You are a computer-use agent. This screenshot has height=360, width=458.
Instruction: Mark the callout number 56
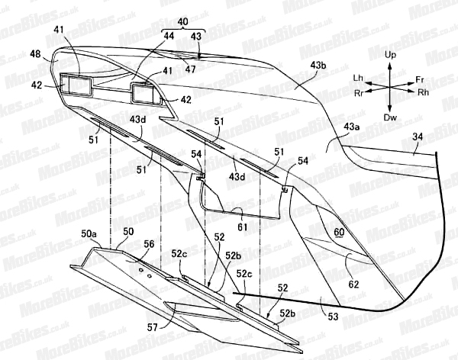pos(150,243)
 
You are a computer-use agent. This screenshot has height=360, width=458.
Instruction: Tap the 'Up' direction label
pos(389,56)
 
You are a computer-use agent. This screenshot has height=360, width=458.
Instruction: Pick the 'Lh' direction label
pos(358,78)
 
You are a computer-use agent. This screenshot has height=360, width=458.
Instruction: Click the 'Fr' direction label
pos(419,78)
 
